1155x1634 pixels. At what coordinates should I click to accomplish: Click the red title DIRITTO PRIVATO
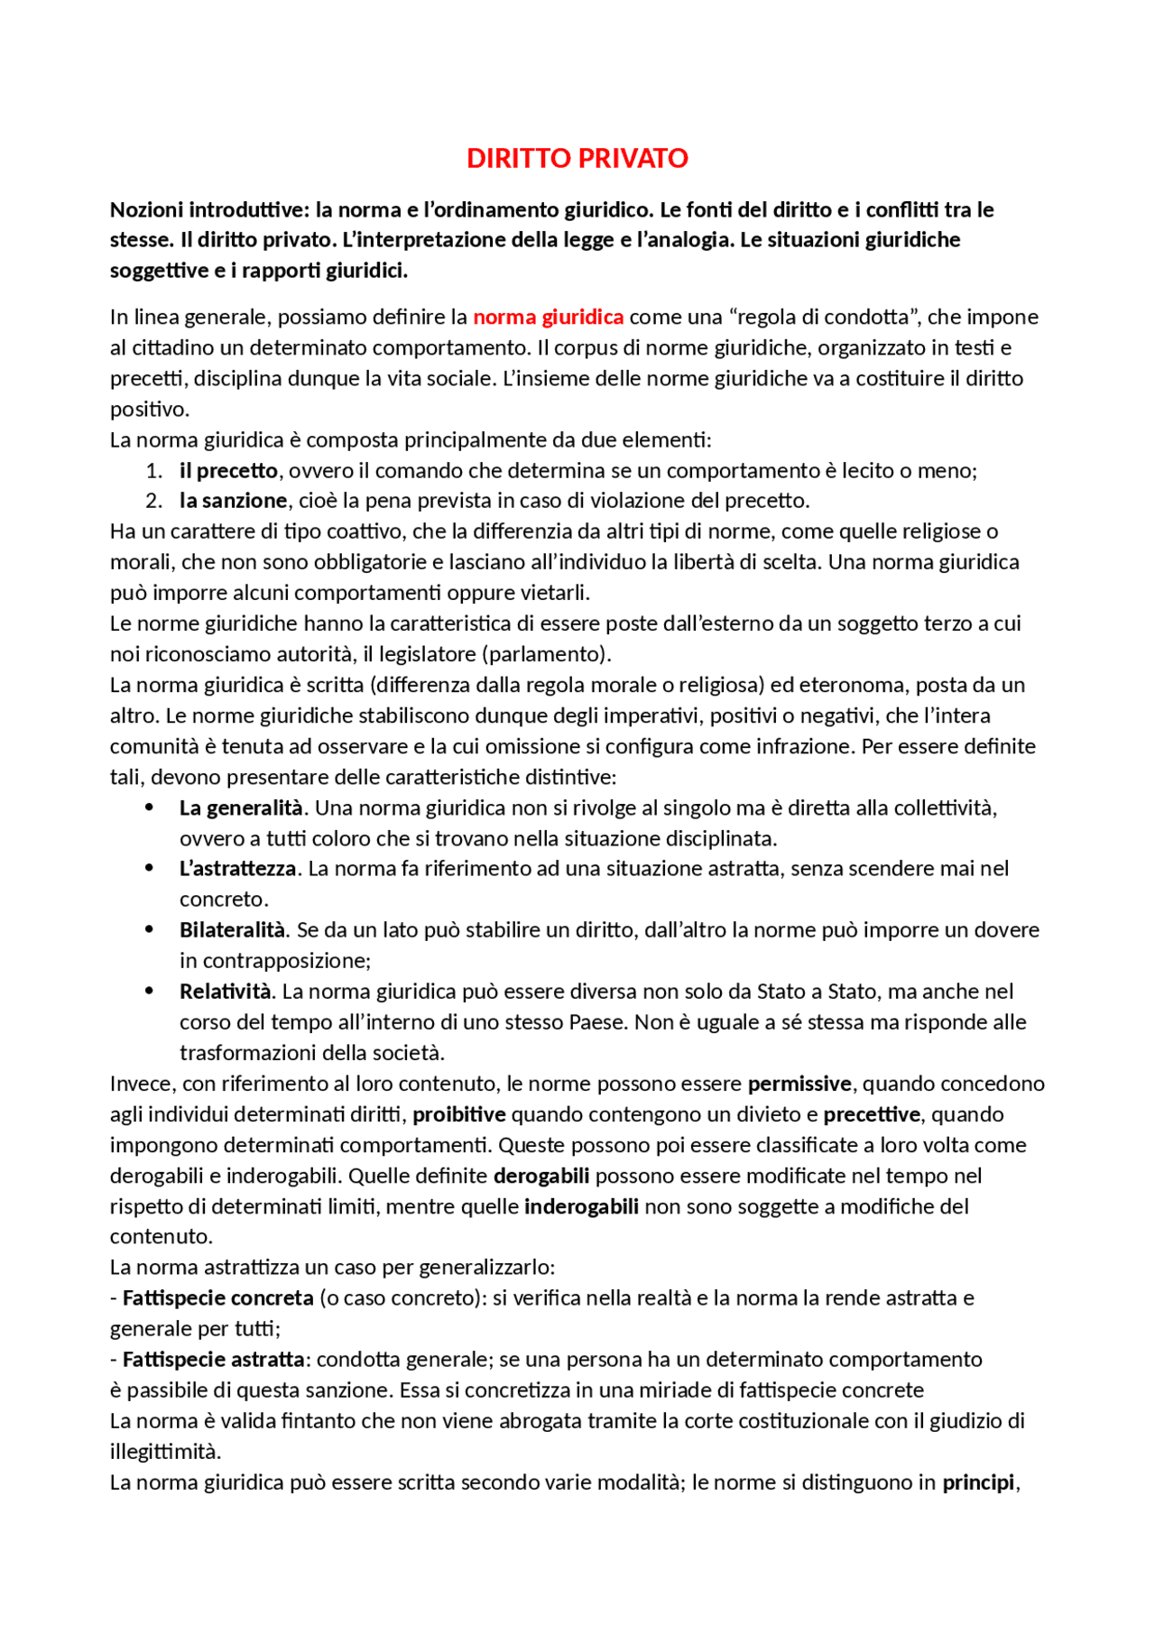[x=577, y=158]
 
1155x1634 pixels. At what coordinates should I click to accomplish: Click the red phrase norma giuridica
[x=548, y=317]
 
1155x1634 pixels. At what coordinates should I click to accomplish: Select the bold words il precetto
[x=228, y=470]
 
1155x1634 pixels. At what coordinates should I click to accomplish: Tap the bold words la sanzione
[x=233, y=500]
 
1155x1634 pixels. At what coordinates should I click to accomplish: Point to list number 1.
[x=153, y=470]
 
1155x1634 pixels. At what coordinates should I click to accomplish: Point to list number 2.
[x=153, y=500]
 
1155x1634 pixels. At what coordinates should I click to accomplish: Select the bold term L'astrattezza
[x=237, y=868]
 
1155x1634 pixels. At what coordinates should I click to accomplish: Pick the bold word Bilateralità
[x=232, y=929]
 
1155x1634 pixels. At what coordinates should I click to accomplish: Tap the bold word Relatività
[x=225, y=991]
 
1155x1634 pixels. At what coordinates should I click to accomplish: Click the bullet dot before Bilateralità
[x=149, y=929]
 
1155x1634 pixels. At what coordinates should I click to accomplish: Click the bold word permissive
[x=799, y=1083]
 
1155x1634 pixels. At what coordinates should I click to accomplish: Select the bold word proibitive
[x=458, y=1113]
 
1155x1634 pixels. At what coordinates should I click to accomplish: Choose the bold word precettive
[x=871, y=1113]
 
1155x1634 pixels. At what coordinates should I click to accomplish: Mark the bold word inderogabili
[x=581, y=1206]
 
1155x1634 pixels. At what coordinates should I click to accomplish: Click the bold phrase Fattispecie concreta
[x=217, y=1297]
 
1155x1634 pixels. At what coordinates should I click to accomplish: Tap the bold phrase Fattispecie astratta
[x=213, y=1359]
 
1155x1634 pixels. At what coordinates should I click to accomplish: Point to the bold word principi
[x=978, y=1482]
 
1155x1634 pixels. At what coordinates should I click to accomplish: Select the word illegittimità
[x=164, y=1451]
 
